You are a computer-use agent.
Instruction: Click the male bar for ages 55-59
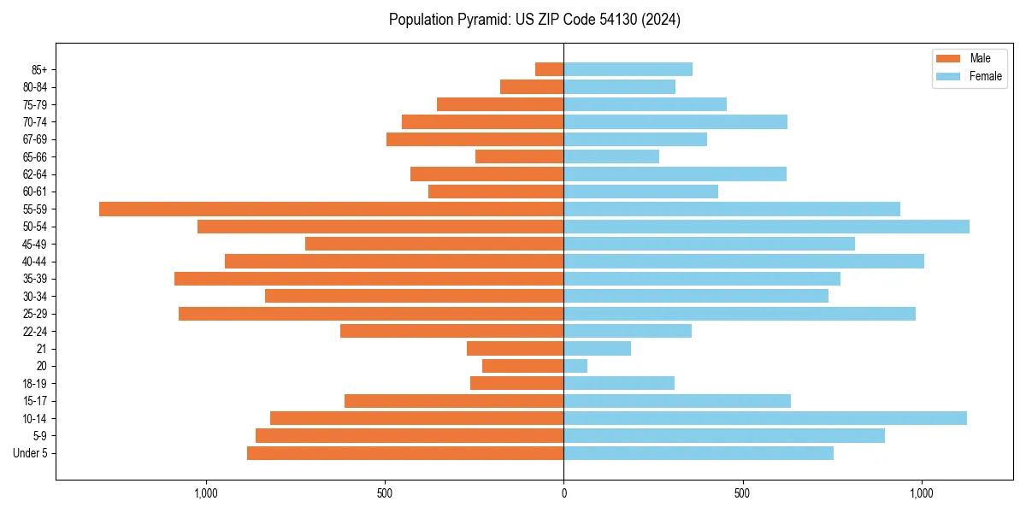331,209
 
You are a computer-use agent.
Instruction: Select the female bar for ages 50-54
766,227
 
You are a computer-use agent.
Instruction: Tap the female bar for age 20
575,366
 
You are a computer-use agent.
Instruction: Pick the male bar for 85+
549,69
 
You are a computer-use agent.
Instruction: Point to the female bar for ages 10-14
765,418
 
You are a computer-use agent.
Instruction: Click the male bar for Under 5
405,453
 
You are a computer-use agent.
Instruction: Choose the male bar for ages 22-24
451,331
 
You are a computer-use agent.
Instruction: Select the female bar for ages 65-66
611,156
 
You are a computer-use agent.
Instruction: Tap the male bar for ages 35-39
369,279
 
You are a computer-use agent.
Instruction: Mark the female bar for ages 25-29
740,314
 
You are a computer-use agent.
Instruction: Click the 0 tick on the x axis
563,493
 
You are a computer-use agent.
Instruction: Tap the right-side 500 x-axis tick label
742,493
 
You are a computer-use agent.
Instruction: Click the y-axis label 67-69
35,139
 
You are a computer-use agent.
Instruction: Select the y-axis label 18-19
35,384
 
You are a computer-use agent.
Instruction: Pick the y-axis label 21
42,349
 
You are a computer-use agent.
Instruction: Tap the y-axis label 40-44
35,262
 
